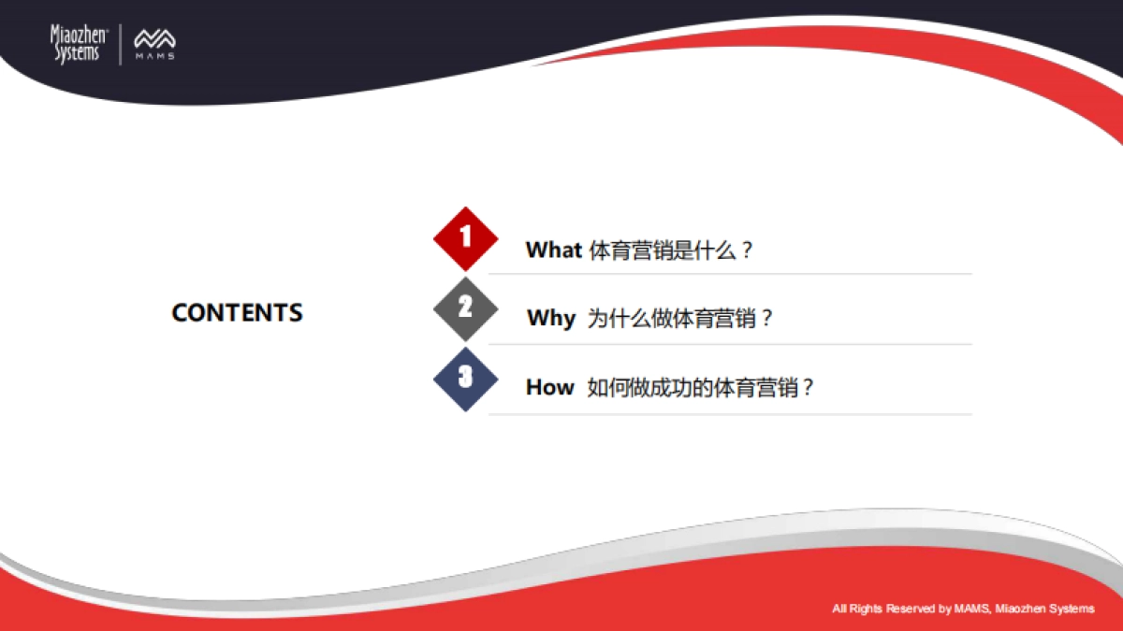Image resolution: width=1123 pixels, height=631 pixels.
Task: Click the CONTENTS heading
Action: [237, 312]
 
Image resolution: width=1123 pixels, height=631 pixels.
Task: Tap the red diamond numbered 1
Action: [465, 238]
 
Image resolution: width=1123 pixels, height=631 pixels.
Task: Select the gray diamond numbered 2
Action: [465, 308]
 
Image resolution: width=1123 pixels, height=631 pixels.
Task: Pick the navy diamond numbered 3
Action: [465, 379]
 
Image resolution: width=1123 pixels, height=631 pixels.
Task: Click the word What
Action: [553, 251]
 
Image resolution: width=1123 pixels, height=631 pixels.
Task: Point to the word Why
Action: [551, 319]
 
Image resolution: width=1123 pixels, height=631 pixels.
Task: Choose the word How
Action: [549, 388]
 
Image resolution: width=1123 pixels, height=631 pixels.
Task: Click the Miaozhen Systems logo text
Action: [79, 44]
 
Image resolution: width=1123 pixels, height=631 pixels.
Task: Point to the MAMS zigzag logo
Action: [154, 41]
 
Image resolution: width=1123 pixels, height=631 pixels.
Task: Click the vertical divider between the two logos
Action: [121, 44]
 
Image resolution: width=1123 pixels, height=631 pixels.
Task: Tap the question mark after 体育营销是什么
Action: [746, 251]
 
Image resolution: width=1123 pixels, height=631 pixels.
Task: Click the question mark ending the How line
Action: [809, 388]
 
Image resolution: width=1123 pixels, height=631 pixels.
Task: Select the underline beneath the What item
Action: [730, 274]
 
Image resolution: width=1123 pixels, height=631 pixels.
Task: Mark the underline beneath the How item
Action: [730, 414]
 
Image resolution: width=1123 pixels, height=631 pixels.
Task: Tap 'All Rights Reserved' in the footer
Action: [884, 609]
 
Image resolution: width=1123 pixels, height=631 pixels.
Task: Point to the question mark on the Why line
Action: [766, 319]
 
